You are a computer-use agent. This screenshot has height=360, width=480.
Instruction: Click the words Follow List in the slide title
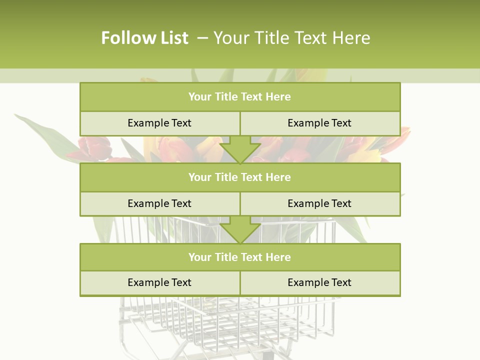(144, 38)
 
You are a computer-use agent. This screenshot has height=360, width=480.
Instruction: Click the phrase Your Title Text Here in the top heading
(291, 38)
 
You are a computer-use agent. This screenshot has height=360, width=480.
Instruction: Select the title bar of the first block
(240, 97)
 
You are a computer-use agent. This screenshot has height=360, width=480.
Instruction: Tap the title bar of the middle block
(240, 177)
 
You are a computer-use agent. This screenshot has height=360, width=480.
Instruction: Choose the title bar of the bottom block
(240, 257)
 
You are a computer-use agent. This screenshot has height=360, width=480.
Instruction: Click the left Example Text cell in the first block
(159, 123)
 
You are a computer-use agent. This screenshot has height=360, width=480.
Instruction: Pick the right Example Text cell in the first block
(319, 123)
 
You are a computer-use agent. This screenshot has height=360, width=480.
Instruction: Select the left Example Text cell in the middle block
(159, 203)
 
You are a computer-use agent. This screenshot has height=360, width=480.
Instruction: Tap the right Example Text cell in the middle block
(319, 203)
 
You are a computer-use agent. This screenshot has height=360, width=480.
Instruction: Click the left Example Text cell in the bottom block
(159, 282)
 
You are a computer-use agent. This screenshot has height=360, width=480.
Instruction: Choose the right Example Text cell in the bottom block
(319, 282)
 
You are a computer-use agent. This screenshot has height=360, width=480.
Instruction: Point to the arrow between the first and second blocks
(240, 150)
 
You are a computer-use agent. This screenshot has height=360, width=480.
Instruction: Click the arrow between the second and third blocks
(240, 230)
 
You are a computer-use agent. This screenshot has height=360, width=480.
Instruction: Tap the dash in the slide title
(202, 37)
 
